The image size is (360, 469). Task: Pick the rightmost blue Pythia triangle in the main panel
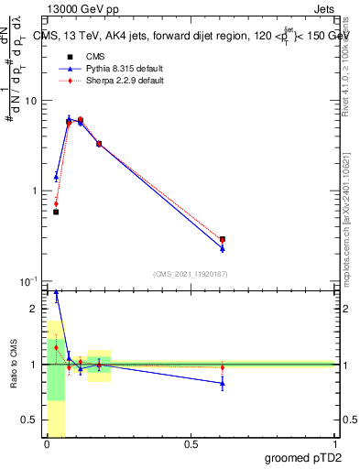coord(223,248)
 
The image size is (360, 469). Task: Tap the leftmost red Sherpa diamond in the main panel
coord(56,203)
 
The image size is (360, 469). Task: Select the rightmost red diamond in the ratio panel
coord(223,367)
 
